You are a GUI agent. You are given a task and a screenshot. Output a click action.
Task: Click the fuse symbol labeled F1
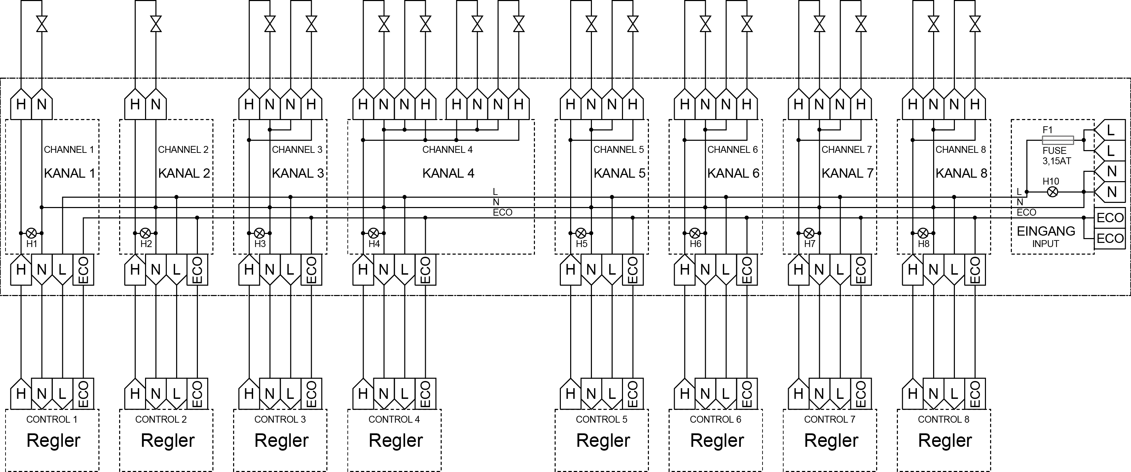coord(1058,140)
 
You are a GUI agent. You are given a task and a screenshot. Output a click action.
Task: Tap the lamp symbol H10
coord(1053,192)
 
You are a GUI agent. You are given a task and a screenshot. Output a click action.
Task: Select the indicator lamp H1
coord(32,233)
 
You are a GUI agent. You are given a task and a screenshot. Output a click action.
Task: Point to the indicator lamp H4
coord(374,233)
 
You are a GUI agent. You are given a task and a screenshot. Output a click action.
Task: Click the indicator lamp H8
coord(923,233)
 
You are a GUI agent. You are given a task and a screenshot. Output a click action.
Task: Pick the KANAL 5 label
coord(620,173)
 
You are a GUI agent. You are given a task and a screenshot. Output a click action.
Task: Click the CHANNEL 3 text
coord(297,150)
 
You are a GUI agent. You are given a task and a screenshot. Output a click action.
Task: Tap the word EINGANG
coord(1046,231)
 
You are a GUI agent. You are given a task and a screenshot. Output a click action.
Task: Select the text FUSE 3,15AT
coord(1057,156)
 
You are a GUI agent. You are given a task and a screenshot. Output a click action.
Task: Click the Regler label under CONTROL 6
coord(717,440)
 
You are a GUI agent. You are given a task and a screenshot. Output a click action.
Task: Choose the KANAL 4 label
coord(448,173)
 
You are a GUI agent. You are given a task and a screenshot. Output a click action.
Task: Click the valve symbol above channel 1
coord(42,24)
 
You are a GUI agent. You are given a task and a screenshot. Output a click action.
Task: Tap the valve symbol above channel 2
coord(156,24)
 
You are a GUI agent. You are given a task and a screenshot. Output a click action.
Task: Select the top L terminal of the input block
coord(1110,130)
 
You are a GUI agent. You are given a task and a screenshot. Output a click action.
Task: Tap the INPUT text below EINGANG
coord(1045,244)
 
